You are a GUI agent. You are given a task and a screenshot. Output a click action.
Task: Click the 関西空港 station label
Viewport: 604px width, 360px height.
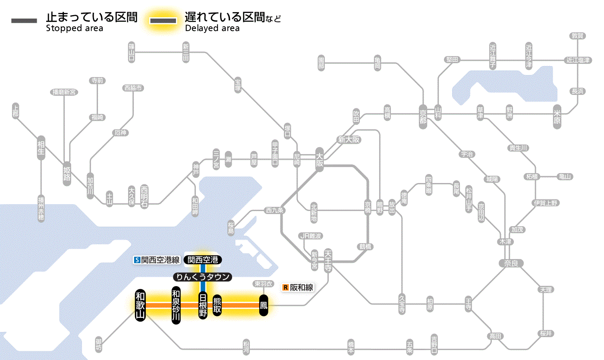[203, 259]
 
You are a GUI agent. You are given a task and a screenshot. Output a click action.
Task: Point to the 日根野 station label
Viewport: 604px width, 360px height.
[203, 305]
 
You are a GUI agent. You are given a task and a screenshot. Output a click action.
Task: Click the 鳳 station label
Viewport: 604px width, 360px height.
[263, 305]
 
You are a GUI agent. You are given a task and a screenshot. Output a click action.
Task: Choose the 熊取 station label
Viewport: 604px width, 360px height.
[217, 305]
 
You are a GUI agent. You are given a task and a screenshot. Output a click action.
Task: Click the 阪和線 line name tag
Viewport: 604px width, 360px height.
[297, 287]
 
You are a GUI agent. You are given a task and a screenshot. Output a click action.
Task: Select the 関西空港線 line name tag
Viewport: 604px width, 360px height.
[157, 260]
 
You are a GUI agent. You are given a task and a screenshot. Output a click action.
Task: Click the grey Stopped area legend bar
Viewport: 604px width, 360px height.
[24, 20]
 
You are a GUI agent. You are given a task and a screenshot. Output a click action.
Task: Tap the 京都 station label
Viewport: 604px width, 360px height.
[423, 114]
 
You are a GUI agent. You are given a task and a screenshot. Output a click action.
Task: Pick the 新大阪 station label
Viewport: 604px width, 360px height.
[349, 139]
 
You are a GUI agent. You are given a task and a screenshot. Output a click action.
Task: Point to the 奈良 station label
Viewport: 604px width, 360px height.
[511, 263]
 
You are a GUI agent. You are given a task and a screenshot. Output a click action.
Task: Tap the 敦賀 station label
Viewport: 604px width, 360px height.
[577, 36]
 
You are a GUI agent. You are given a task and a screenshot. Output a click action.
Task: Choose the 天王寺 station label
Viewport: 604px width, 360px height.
[328, 259]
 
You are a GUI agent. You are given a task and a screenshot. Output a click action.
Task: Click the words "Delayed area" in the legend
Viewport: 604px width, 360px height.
[212, 28]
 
